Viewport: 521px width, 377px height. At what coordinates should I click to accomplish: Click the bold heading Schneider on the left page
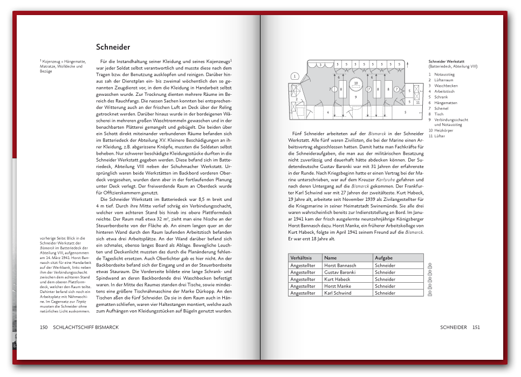pyautogui.click(x=113, y=47)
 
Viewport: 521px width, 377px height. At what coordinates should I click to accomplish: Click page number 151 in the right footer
pyautogui.click(x=476, y=327)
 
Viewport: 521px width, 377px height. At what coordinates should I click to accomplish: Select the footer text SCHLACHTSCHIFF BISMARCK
pyautogui.click(x=86, y=327)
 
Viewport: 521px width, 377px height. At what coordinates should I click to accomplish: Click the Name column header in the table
pyautogui.click(x=331, y=258)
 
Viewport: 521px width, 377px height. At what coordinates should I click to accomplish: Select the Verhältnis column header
pyautogui.click(x=300, y=258)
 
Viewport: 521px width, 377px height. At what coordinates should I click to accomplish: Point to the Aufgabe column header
pyautogui.click(x=383, y=258)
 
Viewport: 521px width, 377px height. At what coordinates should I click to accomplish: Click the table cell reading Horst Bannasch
pyautogui.click(x=340, y=266)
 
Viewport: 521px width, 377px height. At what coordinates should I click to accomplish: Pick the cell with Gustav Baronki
pyautogui.click(x=340, y=273)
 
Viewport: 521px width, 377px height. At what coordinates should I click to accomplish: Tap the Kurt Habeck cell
pyautogui.click(x=337, y=280)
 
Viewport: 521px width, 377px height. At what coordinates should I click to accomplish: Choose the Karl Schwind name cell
pyautogui.click(x=338, y=293)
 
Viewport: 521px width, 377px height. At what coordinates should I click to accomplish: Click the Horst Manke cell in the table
pyautogui.click(x=338, y=286)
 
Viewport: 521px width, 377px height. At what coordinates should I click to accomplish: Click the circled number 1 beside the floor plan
pyautogui.click(x=294, y=76)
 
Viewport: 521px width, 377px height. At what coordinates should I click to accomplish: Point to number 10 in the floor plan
pyautogui.click(x=355, y=83)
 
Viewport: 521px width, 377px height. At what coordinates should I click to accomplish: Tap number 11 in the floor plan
pyautogui.click(x=417, y=102)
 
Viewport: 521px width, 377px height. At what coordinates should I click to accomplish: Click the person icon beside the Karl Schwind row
pyautogui.click(x=430, y=294)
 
